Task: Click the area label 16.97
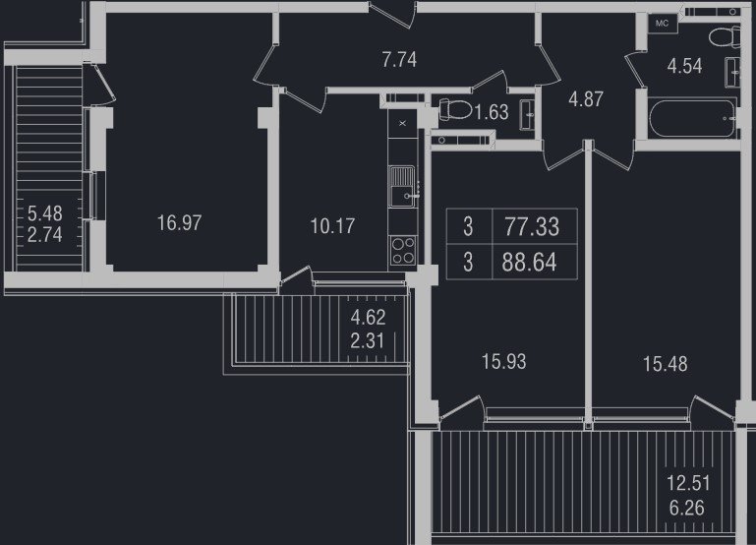pos(179,223)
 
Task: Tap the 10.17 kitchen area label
pos(332,225)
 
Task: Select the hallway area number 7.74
pos(399,60)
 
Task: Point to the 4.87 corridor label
pos(586,99)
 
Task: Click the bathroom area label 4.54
pos(684,66)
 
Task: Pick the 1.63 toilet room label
pos(492,112)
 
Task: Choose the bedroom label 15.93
pos(504,361)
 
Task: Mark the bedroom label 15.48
pos(666,364)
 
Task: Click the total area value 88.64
pos(529,263)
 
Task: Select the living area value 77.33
pos(532,226)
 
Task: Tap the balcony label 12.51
pos(688,483)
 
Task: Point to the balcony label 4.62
pos(368,318)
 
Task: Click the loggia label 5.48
pos(45,212)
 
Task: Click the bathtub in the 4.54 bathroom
pos(693,118)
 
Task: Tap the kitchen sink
pos(403,186)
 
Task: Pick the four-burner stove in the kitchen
pos(403,250)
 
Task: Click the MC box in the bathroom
pos(663,24)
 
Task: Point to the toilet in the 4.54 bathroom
pos(726,37)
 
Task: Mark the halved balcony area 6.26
pos(686,508)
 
